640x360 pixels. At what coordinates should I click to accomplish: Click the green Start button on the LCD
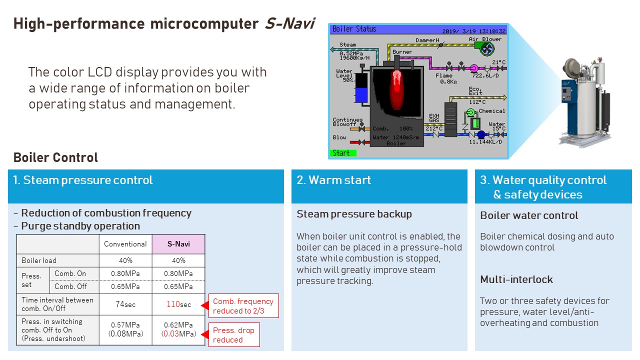point(343,153)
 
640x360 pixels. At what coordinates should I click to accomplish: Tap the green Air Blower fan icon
point(486,48)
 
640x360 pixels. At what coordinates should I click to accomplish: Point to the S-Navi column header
point(178,244)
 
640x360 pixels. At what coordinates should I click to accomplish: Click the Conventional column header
point(125,244)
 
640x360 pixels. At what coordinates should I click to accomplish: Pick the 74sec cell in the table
point(125,304)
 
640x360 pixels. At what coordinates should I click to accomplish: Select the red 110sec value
point(178,304)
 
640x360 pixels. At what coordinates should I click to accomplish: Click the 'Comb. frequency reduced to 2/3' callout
point(243,306)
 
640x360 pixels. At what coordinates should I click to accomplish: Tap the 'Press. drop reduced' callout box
point(233,335)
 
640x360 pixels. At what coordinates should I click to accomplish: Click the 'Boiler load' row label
point(39,260)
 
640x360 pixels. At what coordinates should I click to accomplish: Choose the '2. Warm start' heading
point(334,180)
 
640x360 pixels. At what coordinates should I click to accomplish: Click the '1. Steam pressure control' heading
point(83,180)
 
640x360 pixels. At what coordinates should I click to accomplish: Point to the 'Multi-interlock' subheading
point(516,279)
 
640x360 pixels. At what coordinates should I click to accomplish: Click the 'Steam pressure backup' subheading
point(354,214)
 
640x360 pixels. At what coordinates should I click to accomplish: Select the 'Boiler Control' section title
point(55,157)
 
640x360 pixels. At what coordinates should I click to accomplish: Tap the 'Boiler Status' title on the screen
point(354,29)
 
